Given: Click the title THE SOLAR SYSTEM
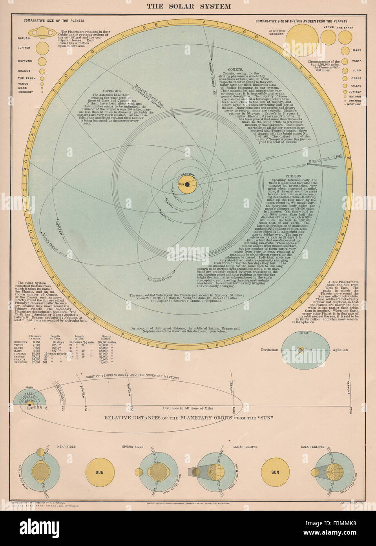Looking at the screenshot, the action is click(x=188, y=6).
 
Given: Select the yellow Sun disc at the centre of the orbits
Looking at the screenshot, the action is click(x=187, y=184).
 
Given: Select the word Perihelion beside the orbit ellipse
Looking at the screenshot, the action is click(x=270, y=350).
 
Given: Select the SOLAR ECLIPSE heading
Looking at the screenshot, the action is click(x=312, y=447).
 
